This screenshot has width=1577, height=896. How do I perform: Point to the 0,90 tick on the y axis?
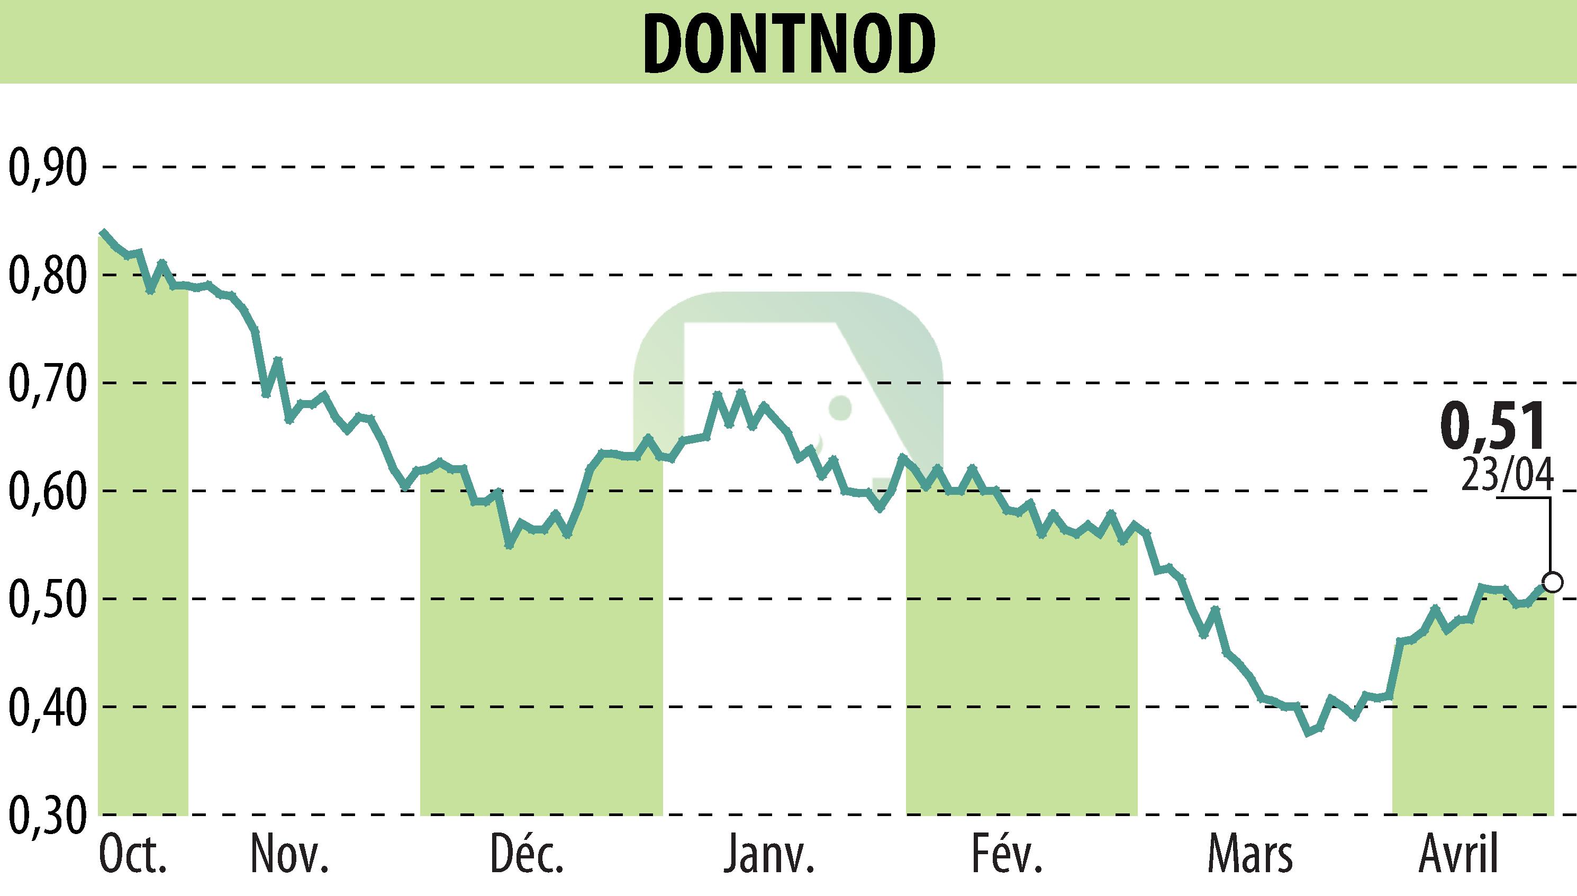[x=47, y=167]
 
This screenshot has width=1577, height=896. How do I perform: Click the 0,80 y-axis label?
[x=47, y=276]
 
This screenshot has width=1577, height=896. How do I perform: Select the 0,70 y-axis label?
[x=47, y=383]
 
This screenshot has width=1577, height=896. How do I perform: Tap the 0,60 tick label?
[x=47, y=491]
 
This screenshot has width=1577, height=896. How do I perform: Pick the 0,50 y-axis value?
[x=47, y=599]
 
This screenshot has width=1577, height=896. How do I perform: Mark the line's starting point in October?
[x=102, y=233]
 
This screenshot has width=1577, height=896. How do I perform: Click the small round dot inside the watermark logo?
[x=840, y=408]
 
